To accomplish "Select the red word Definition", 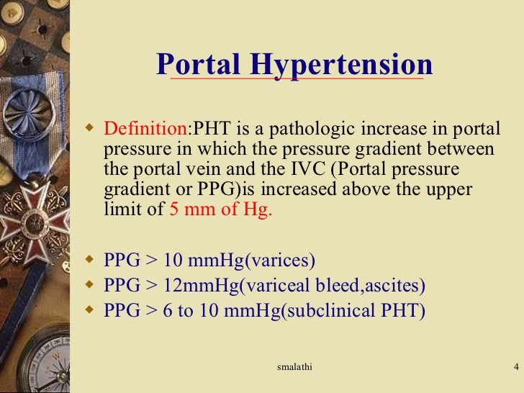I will click(145, 131).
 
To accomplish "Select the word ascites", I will click(396, 286).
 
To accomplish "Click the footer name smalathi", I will click(295, 369).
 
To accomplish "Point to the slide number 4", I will click(515, 369).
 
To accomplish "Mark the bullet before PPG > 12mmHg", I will click(90, 286).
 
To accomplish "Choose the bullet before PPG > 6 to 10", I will click(90, 312).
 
